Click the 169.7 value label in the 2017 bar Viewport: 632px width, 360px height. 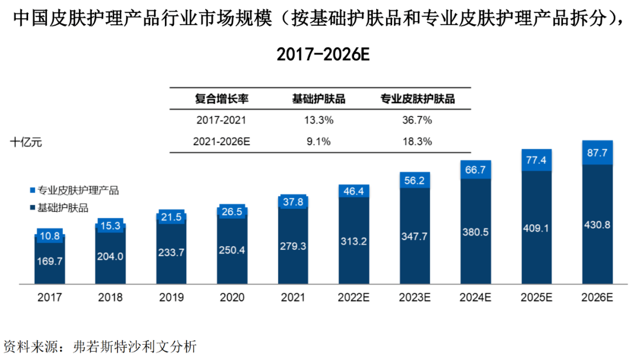tap(50, 262)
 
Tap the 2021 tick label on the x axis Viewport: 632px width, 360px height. tap(293, 297)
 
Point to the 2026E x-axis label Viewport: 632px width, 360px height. tap(597, 297)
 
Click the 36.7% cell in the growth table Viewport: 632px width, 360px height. tap(417, 121)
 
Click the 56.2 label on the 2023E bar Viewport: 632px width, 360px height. tap(415, 181)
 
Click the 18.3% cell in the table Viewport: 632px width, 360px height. tap(417, 141)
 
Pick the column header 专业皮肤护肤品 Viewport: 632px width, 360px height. tap(417, 99)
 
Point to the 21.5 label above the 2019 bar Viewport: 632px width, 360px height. tap(171, 217)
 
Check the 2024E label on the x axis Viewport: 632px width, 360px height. tap(475, 297)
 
